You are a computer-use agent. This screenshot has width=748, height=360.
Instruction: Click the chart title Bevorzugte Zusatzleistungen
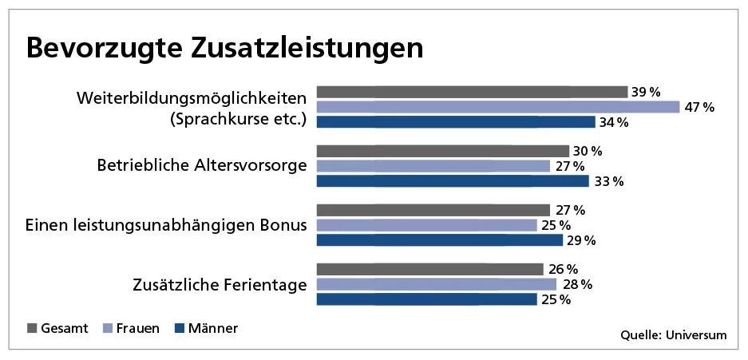pos(224,47)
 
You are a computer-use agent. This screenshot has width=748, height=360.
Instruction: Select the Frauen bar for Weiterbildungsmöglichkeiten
pos(497,107)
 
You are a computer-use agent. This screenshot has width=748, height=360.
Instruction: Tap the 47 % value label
pos(698,107)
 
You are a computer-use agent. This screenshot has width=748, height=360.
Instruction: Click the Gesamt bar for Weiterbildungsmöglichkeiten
pos(472,92)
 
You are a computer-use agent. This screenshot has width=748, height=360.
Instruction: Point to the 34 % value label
pos(613,122)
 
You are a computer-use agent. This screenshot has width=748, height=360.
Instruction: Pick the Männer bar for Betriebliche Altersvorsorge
pos(452,181)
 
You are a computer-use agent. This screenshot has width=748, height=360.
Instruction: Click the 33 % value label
pos(607,181)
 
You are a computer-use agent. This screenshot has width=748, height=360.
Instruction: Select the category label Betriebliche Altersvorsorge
pos(202,166)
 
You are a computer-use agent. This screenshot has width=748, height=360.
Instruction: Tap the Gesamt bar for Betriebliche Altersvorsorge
pos(442,151)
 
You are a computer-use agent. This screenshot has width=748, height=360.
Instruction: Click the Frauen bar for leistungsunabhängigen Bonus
pos(426,225)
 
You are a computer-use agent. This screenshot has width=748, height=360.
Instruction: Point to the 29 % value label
pos(580,240)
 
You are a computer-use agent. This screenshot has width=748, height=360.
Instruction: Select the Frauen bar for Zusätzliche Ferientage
pos(436,284)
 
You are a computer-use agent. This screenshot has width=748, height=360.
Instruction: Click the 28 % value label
pos(574,284)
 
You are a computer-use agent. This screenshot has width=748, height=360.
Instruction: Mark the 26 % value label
pos(561,269)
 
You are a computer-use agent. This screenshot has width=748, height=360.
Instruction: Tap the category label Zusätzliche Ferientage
pos(220,284)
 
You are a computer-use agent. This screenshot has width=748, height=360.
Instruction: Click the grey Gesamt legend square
pos(32,328)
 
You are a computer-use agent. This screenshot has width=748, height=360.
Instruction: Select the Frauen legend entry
pos(131,328)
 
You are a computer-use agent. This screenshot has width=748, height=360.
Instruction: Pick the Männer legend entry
pos(206,328)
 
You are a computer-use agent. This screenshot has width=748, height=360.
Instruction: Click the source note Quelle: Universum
pos(674,335)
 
